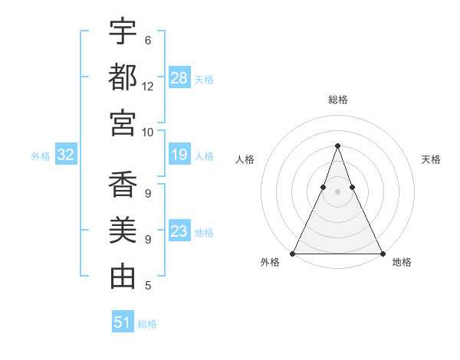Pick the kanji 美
[x=123, y=231]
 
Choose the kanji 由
[x=123, y=276]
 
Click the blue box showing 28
[x=179, y=77]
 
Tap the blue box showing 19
[x=179, y=155]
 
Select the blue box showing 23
[x=179, y=231]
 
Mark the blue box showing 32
[x=65, y=155]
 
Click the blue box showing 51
[x=123, y=322]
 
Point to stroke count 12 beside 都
[x=148, y=86]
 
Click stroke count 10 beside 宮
[x=148, y=131]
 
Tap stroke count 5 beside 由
[x=148, y=286]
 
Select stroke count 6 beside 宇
[x=148, y=41]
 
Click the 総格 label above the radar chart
[x=337, y=100]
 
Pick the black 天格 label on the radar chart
[x=431, y=159]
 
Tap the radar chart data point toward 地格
[x=383, y=253]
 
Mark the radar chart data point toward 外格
[x=292, y=253]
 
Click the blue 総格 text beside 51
[x=147, y=324]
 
